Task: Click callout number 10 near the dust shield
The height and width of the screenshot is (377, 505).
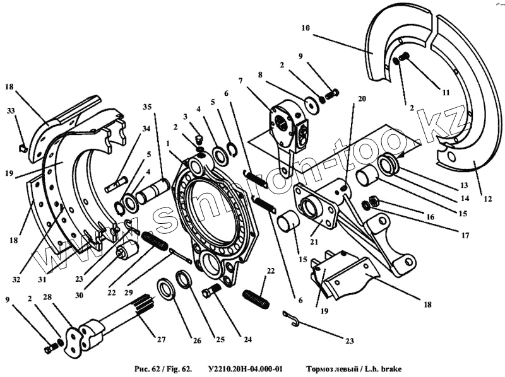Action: point(305,28)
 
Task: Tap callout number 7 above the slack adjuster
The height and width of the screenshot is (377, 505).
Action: point(240,81)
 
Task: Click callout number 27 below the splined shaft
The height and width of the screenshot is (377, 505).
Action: point(161,340)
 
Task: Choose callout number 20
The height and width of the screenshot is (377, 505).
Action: point(362,99)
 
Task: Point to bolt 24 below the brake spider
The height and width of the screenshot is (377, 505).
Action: point(211,291)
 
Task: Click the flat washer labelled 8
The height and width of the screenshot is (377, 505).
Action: point(311,103)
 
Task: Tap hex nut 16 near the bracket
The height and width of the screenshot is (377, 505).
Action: point(373,201)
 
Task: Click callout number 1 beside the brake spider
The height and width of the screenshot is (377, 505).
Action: point(169,143)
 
